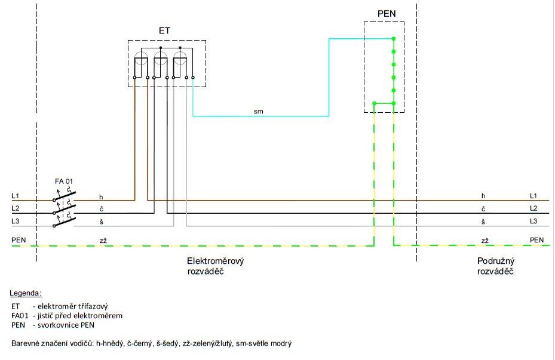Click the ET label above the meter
pos(164,29)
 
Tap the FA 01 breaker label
pos(64,181)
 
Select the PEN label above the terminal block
pos(385,13)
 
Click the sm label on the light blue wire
pos(258,111)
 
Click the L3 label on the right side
pos(533,221)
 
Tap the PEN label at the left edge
pos(19,240)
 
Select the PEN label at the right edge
pos(537,240)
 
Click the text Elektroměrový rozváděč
pos(216,266)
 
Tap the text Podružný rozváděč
pos(496,266)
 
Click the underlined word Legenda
pos(26,293)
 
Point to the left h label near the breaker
pos(101,196)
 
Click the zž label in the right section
pos(485,240)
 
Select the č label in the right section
pos(483,209)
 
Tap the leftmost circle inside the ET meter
pos(142,59)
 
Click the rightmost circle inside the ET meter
pos(180,59)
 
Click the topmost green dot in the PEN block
pos(393,39)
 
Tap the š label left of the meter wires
pos(101,221)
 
